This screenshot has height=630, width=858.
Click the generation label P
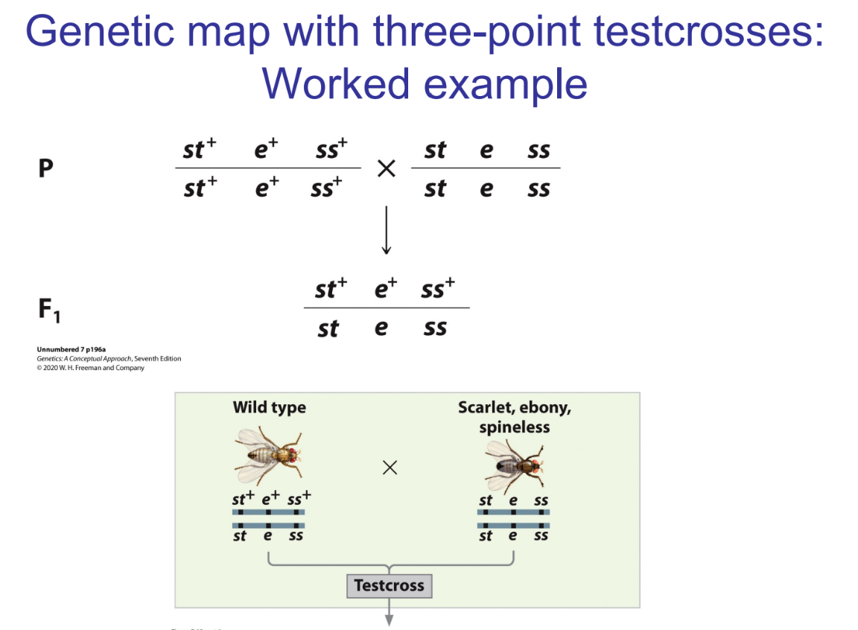click(46, 169)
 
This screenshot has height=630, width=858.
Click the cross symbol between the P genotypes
click(385, 169)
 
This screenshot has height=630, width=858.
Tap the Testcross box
click(389, 585)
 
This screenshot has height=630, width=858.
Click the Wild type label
click(269, 407)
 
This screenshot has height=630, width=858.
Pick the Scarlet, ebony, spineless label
click(515, 417)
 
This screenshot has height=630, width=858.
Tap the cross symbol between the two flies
click(389, 467)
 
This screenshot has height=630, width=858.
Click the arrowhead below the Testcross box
click(389, 620)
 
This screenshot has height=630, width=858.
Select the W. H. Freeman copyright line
click(90, 367)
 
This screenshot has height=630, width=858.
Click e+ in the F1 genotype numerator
click(386, 287)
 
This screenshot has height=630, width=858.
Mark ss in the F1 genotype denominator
click(435, 328)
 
